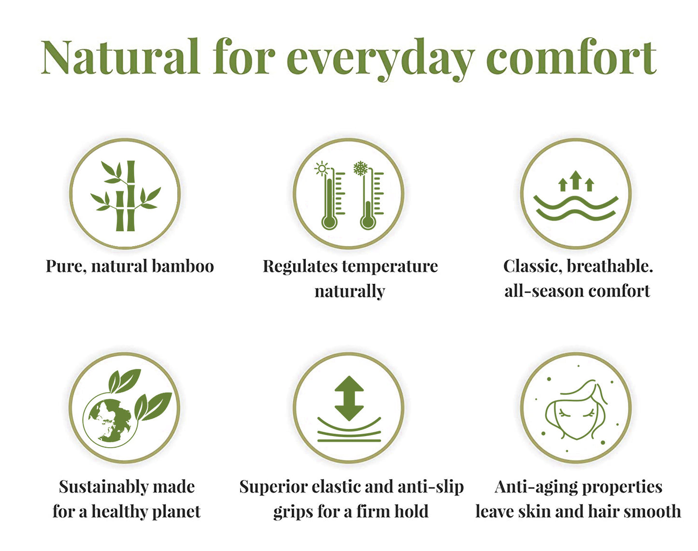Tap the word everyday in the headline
click(x=381, y=60)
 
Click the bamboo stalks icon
click(x=126, y=196)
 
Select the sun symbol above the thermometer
click(x=321, y=169)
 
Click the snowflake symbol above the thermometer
click(x=360, y=169)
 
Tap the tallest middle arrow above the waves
click(x=576, y=180)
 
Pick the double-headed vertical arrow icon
click(x=349, y=398)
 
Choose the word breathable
click(x=610, y=266)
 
